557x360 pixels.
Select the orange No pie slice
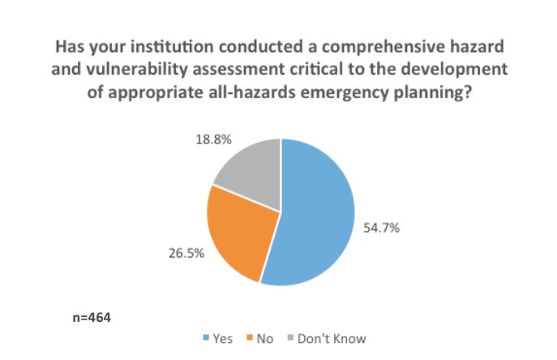(235, 231)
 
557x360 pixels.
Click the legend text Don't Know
(332, 339)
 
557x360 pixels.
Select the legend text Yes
(222, 339)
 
